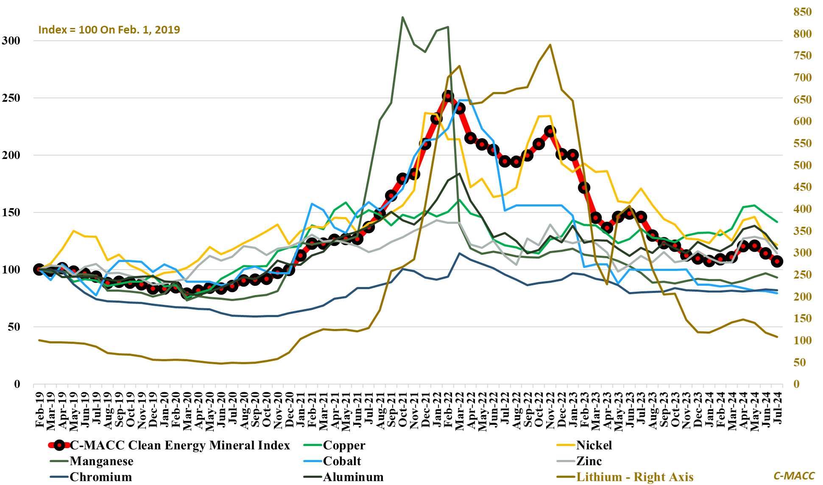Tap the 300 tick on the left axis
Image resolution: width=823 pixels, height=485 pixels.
point(11,41)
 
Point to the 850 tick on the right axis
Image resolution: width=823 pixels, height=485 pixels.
point(803,12)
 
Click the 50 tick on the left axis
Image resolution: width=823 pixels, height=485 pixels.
point(14,327)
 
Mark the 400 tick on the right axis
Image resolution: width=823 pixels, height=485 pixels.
point(803,209)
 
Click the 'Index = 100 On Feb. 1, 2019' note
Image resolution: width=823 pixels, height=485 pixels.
point(109,30)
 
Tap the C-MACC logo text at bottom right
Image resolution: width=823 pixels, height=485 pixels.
point(794,476)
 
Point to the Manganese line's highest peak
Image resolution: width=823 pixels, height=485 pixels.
point(402,17)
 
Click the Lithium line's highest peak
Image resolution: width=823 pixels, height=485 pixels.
point(550,45)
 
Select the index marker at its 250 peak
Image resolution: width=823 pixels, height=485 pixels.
point(448,96)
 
